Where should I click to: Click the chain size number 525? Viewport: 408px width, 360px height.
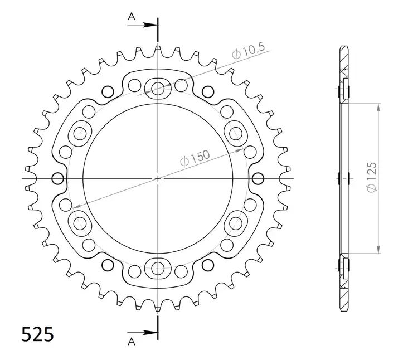coord(38,334)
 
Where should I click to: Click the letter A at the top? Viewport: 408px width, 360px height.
coord(132,17)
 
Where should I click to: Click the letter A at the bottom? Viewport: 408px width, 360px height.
coord(132,340)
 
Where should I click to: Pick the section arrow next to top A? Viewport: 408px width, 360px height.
coord(149,25)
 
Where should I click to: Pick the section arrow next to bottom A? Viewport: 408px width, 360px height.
coord(149,333)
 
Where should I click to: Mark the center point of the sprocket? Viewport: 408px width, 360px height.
coord(158,178)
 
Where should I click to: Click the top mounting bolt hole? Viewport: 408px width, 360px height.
coord(158,87)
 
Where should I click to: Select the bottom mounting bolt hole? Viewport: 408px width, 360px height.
coord(158,269)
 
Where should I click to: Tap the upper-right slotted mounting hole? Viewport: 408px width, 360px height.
coord(236,133)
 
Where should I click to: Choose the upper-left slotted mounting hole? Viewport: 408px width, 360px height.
coord(79,133)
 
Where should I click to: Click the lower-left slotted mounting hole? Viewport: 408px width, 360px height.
coord(79,223)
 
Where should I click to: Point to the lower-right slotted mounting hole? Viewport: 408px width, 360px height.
coord(236,223)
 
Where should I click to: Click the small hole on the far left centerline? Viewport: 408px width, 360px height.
coord(57,178)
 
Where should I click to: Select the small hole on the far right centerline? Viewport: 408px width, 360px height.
coord(258,178)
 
